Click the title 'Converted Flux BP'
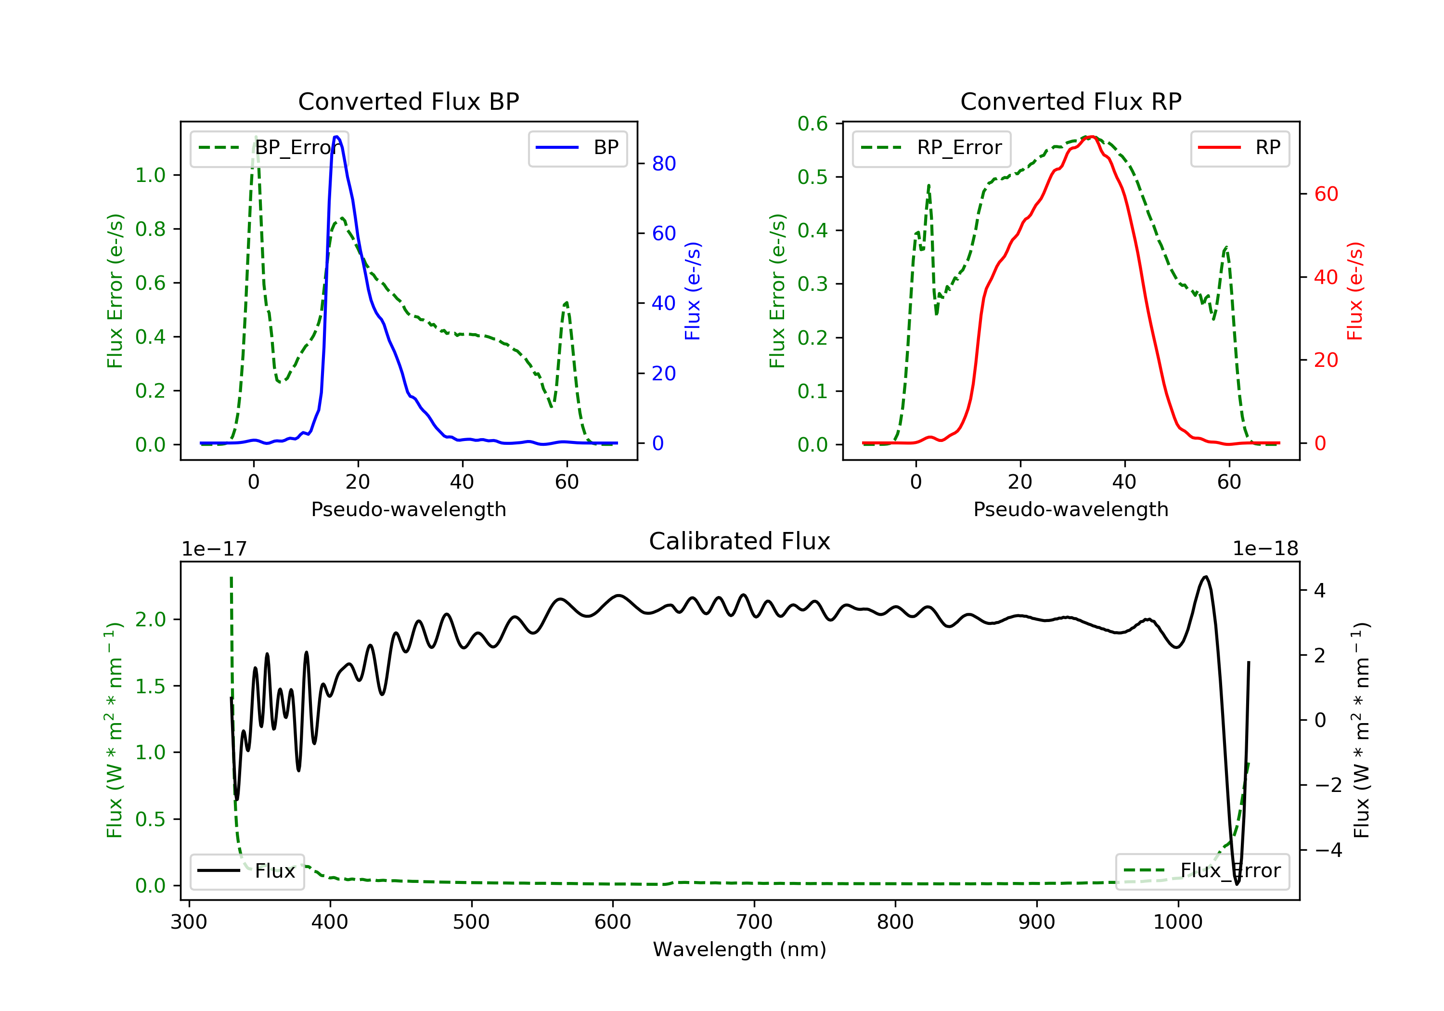click(x=408, y=101)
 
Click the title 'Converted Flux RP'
click(x=1070, y=101)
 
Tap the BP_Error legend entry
click(x=269, y=148)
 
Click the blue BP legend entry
click(x=577, y=148)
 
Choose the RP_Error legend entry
click(x=931, y=148)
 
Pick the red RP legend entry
click(x=1239, y=148)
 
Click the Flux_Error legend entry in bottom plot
click(x=1202, y=871)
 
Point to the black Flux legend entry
click(x=246, y=871)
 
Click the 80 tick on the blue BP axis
click(x=663, y=164)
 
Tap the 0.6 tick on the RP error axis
click(x=812, y=124)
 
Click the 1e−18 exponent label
click(x=1265, y=549)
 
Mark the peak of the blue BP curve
click(x=336, y=137)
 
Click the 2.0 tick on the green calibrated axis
click(x=150, y=620)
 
